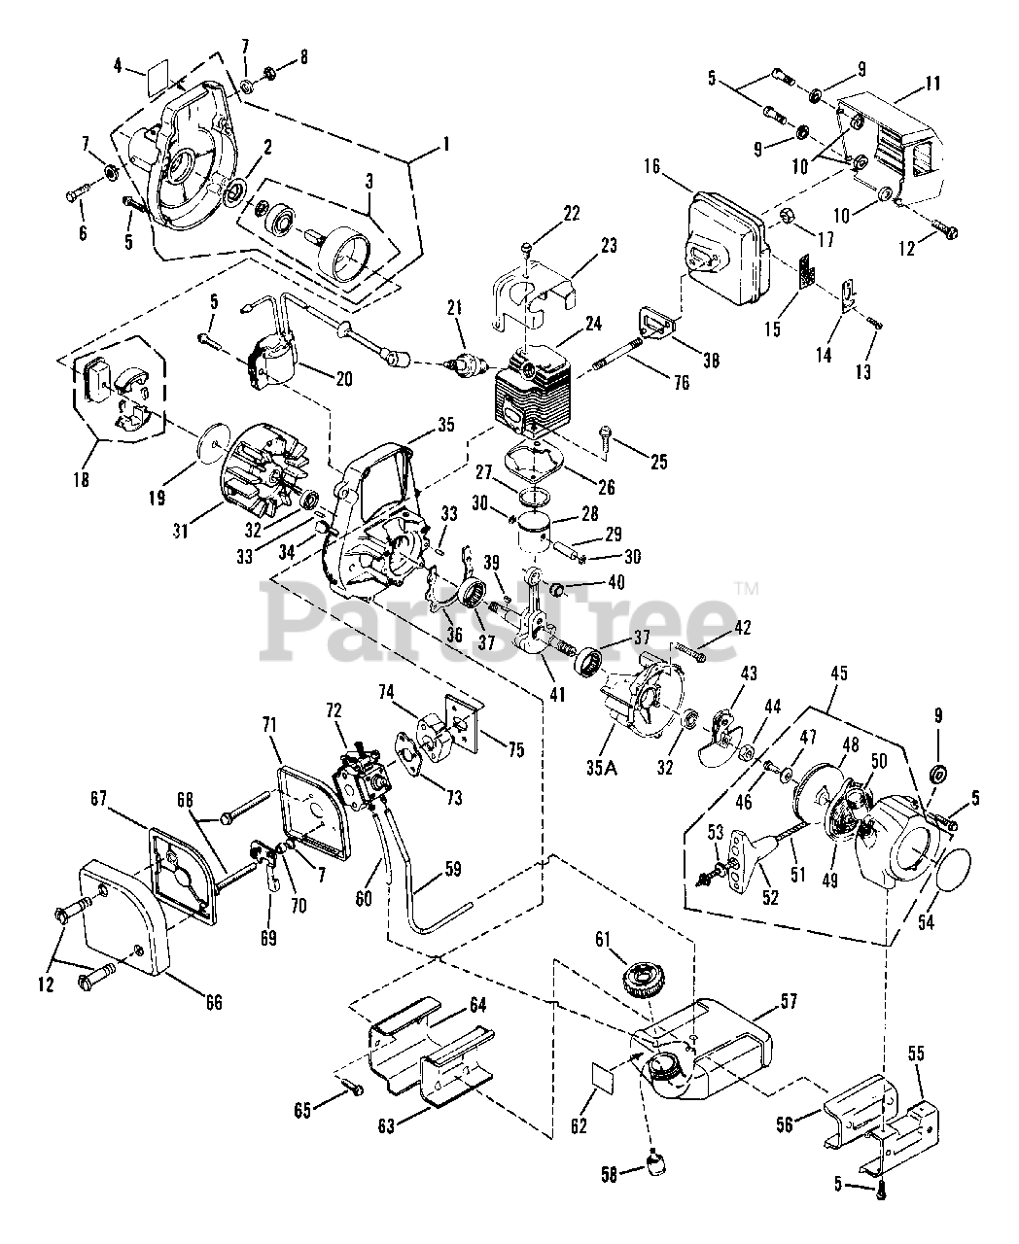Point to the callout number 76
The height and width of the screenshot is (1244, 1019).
(x=682, y=383)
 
